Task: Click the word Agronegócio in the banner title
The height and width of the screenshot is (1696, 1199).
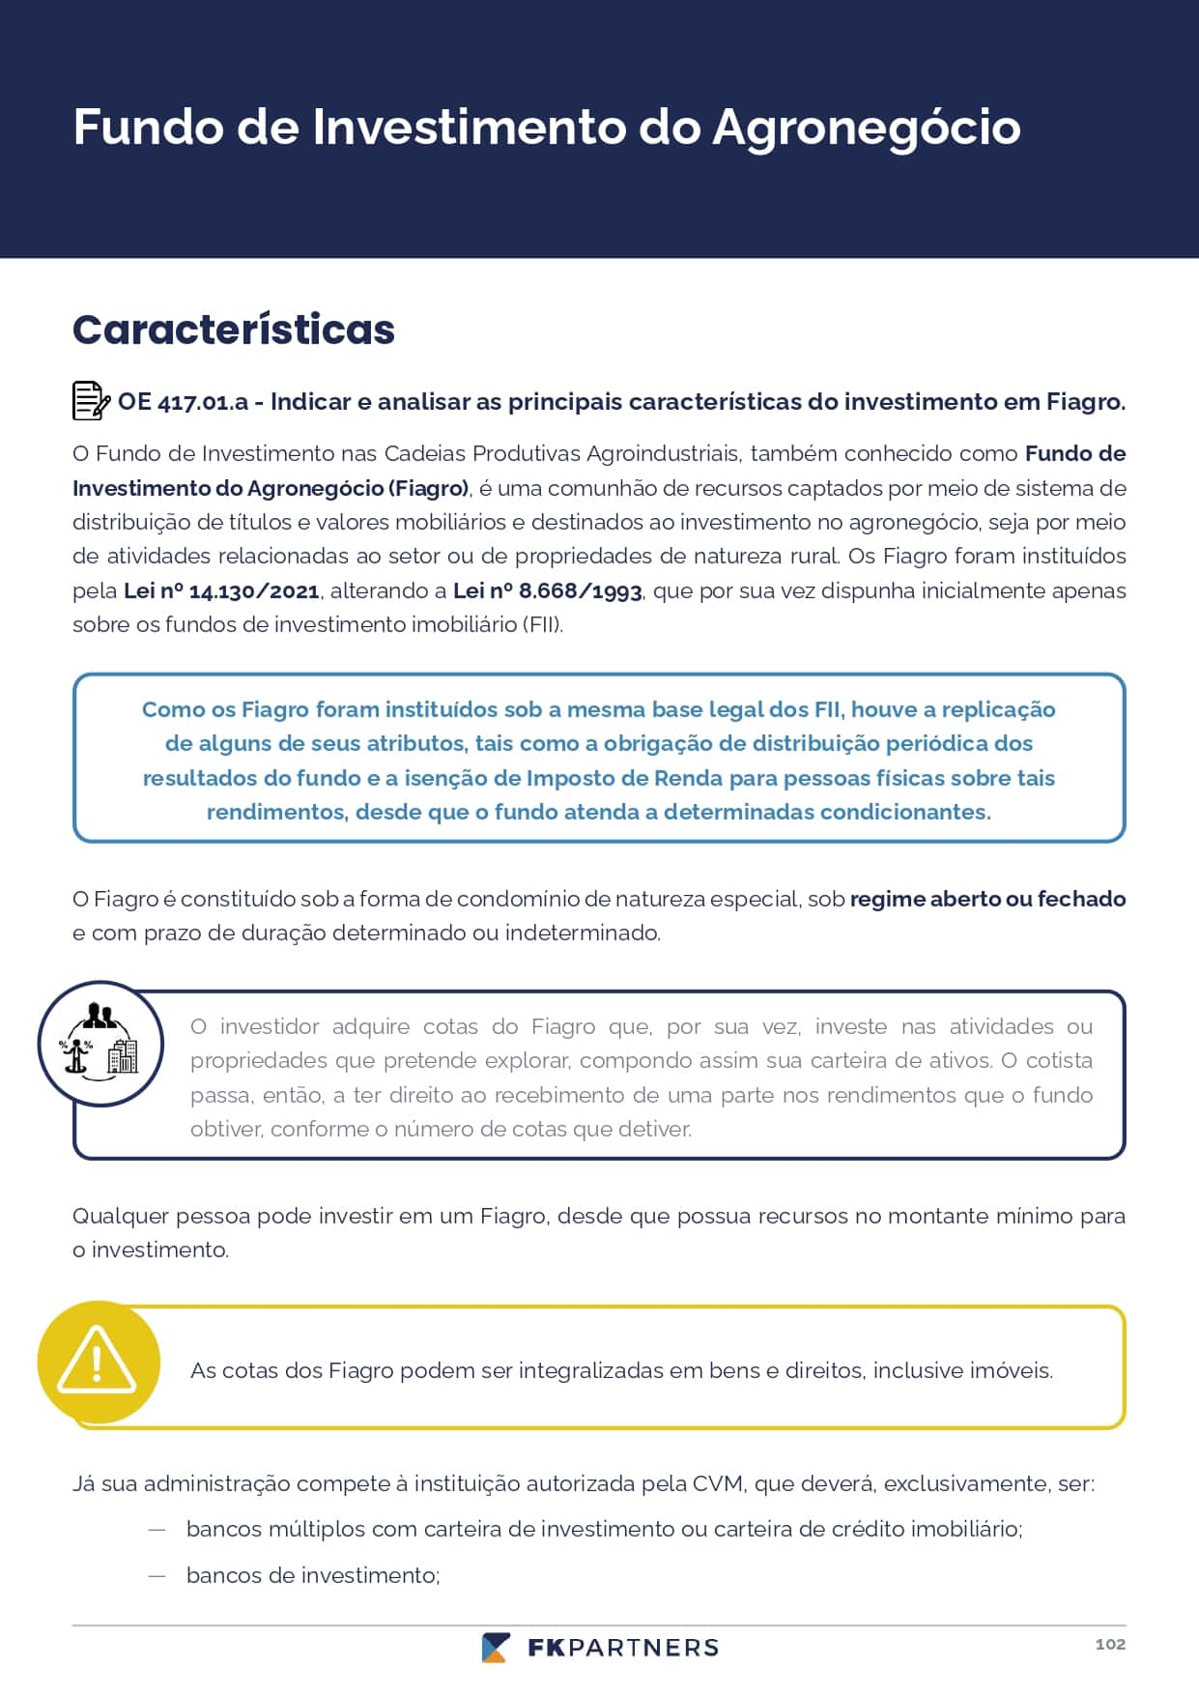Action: pos(866,128)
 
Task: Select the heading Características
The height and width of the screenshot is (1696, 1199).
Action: pos(234,330)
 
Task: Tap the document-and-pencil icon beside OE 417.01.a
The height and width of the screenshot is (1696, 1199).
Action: pos(91,401)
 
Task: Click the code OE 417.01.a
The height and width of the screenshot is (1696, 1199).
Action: pos(183,402)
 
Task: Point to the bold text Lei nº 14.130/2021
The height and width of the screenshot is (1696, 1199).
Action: pos(221,590)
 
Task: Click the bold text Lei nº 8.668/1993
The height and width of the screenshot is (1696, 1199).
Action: pos(547,590)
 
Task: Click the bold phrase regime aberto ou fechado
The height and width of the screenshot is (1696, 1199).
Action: pos(987,899)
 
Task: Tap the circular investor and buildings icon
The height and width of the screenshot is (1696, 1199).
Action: pos(100,1044)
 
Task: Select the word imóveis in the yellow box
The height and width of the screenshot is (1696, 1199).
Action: pos(1015,1370)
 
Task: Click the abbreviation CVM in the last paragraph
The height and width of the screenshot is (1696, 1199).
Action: pos(718,1483)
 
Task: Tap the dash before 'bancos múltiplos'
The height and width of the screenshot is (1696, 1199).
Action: pos(157,1529)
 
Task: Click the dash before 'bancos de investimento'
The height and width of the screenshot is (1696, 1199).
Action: pos(157,1575)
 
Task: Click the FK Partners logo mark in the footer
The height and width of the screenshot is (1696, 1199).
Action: pos(496,1648)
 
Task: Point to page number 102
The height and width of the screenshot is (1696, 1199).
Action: pos(1110,1644)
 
